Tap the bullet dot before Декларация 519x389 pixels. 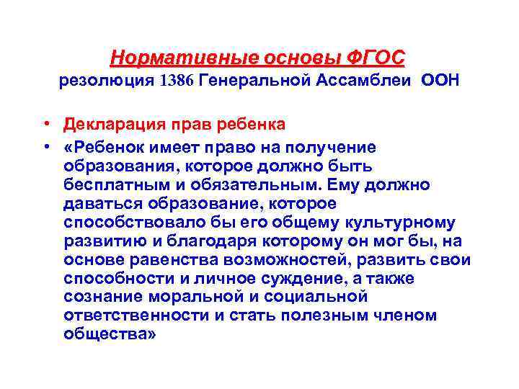pyautogui.click(x=45, y=124)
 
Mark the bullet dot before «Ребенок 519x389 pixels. pyautogui.click(x=45, y=147)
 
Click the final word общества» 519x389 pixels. pyautogui.click(x=109, y=334)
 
